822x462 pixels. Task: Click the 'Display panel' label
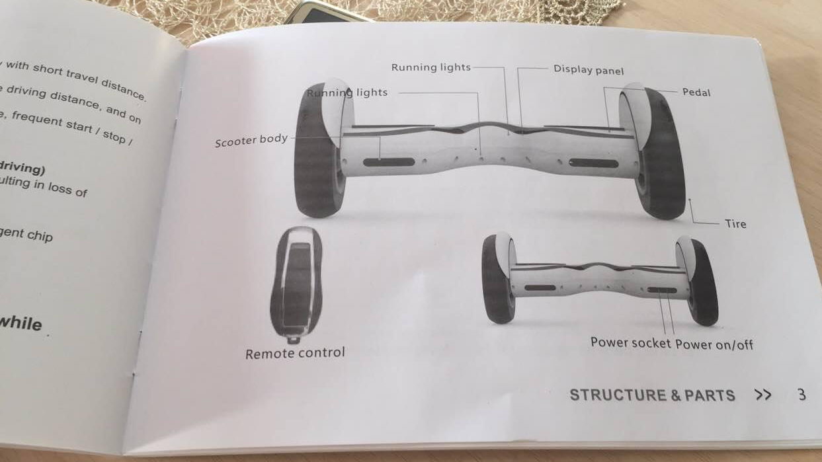pyautogui.click(x=588, y=70)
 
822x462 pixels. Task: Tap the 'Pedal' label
pyautogui.click(x=696, y=93)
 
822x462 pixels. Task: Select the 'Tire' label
pyautogui.click(x=735, y=224)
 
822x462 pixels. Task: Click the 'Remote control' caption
pyautogui.click(x=295, y=354)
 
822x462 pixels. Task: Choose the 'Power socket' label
pyautogui.click(x=631, y=342)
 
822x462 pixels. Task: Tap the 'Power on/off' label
pyautogui.click(x=714, y=344)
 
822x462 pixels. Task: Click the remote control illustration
pyautogui.click(x=296, y=284)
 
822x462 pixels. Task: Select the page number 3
pyautogui.click(x=801, y=395)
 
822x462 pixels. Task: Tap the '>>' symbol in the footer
pyautogui.click(x=762, y=395)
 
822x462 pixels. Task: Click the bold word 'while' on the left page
pyautogui.click(x=21, y=323)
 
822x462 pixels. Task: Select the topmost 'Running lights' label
pyautogui.click(x=431, y=67)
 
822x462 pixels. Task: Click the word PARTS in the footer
pyautogui.click(x=710, y=395)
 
